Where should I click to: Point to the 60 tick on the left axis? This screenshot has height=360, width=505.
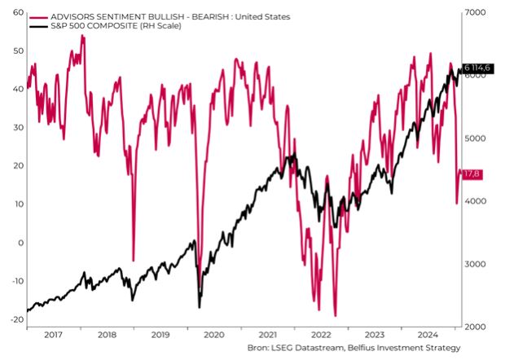[18, 12]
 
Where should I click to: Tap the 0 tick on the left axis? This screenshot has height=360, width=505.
[20, 243]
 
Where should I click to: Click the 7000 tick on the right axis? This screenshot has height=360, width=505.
[476, 12]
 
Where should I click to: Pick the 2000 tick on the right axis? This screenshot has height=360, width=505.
[476, 327]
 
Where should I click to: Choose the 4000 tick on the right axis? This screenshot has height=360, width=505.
[476, 201]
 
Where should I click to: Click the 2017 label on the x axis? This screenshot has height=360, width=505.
[53, 335]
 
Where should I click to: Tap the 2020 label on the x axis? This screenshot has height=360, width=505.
[213, 335]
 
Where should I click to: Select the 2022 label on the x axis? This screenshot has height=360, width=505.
[320, 335]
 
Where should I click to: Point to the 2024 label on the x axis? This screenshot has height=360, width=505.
[428, 335]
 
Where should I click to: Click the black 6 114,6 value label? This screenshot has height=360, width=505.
[479, 68]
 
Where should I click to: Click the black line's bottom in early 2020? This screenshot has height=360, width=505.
[199, 306]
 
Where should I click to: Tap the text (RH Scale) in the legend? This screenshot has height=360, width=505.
[159, 26]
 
